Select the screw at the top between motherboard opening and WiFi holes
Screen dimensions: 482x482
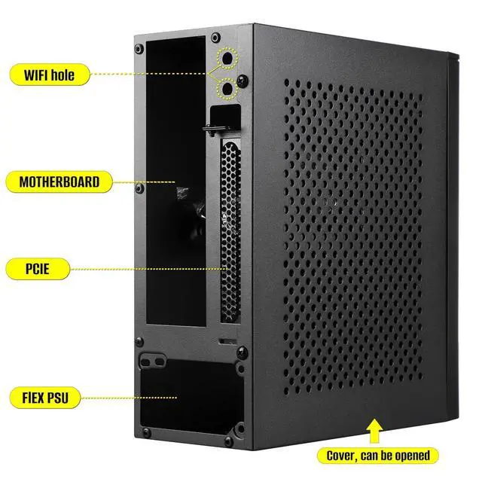215,37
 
